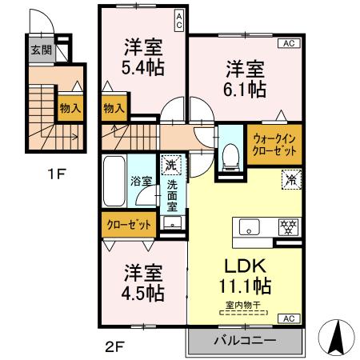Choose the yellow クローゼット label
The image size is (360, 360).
130,225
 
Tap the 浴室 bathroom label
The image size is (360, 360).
141,182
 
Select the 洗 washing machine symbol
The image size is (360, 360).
170,166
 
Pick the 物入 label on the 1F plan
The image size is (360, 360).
70,107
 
